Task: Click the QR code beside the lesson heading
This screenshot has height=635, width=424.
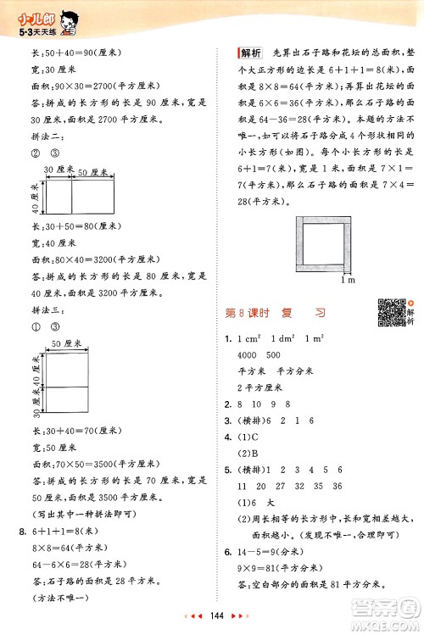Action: (386, 311)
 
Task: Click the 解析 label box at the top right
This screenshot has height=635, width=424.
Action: (251, 52)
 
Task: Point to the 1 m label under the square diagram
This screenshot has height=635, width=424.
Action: (345, 279)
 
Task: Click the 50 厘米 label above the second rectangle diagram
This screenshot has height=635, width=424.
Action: (94, 172)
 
